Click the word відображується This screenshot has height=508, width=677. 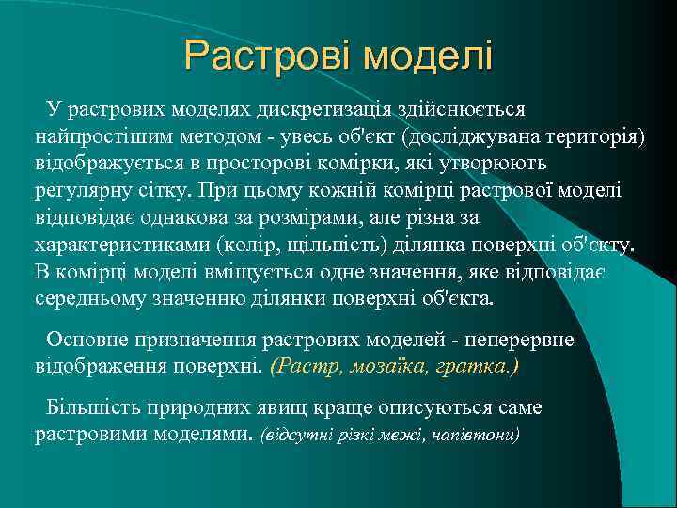pyautogui.click(x=106, y=165)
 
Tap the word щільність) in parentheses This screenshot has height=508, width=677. pyautogui.click(x=323, y=246)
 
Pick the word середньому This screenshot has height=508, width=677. pyautogui.click(x=95, y=299)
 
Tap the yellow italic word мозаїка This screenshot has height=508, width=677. pyautogui.click(x=372, y=365)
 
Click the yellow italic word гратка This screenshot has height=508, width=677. pyautogui.click(x=480, y=365)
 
